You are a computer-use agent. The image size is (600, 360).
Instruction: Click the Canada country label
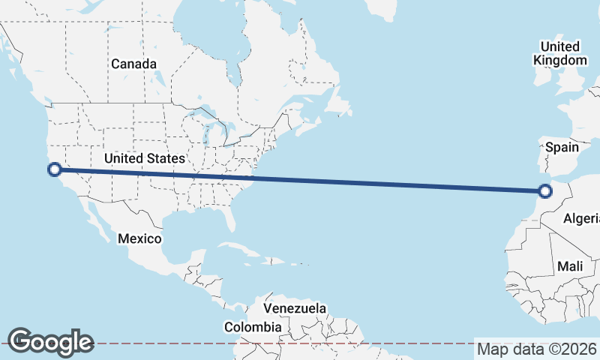pos(134,64)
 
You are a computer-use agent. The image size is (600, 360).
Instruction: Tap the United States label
pos(145,158)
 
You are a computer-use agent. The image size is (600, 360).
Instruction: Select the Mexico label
pos(139,238)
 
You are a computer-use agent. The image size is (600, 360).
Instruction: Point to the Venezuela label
pos(295,308)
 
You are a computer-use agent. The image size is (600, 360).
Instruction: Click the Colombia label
pos(253,327)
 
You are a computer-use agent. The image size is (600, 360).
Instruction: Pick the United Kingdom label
pos(560,53)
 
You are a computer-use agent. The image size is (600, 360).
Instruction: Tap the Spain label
pos(562,147)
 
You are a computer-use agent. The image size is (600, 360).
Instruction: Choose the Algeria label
pos(581,218)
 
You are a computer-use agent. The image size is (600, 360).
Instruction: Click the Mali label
pos(570,266)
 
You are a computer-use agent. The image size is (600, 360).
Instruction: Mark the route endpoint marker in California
pos(54,169)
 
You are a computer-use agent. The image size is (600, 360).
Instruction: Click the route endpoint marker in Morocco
pos(545,190)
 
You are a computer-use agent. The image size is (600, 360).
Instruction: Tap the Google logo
pos(50,342)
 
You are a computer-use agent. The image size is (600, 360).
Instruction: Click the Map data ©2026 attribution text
pos(537,349)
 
